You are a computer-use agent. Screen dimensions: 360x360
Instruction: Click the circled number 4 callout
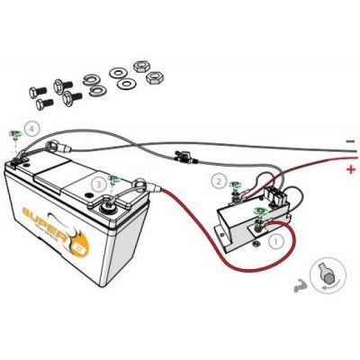[32, 130]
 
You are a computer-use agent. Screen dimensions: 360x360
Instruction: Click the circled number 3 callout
[97, 184]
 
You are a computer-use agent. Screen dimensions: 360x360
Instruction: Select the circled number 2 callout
[219, 180]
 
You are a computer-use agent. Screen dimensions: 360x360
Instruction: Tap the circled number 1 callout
[277, 240]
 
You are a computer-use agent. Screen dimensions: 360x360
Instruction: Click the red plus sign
[349, 167]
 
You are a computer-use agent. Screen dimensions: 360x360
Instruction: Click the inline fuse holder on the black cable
[184, 155]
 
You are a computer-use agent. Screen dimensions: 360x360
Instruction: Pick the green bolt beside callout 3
[113, 179]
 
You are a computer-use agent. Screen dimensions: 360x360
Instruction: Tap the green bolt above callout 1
[260, 211]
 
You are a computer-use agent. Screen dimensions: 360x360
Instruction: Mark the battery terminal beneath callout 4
[17, 162]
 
